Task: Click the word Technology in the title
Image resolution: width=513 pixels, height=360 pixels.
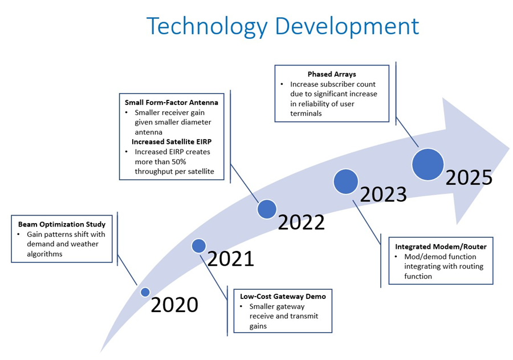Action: [x=207, y=27]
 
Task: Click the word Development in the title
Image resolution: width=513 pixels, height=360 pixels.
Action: [x=347, y=27]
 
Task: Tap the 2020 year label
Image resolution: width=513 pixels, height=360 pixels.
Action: [x=174, y=305]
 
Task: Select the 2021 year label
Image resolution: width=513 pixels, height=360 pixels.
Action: [x=231, y=258]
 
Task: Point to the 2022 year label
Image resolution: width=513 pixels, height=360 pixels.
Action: [x=302, y=222]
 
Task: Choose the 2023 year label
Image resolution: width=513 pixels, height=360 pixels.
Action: [x=384, y=194]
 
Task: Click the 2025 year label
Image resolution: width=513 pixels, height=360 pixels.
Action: [x=469, y=177]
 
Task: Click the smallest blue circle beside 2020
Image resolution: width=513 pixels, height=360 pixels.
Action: [x=145, y=292]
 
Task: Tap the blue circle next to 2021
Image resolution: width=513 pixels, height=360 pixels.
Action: [x=198, y=246]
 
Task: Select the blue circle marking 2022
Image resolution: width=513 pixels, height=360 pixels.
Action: [x=267, y=209]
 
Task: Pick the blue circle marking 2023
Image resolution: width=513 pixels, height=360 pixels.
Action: [x=346, y=181]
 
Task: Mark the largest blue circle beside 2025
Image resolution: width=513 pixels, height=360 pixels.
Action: [x=428, y=164]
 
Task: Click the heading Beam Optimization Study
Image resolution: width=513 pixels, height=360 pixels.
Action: [x=62, y=224]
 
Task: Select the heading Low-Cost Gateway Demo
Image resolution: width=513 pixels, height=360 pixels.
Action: [x=283, y=297]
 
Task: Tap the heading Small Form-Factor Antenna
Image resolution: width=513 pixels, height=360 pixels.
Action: [x=172, y=103]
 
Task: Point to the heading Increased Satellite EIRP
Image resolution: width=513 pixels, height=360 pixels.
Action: [x=172, y=142]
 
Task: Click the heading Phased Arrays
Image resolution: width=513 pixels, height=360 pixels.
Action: [x=332, y=74]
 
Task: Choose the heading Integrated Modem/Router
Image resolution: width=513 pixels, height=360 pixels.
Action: [x=441, y=246]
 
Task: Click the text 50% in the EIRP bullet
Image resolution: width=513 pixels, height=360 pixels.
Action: [x=178, y=162]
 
